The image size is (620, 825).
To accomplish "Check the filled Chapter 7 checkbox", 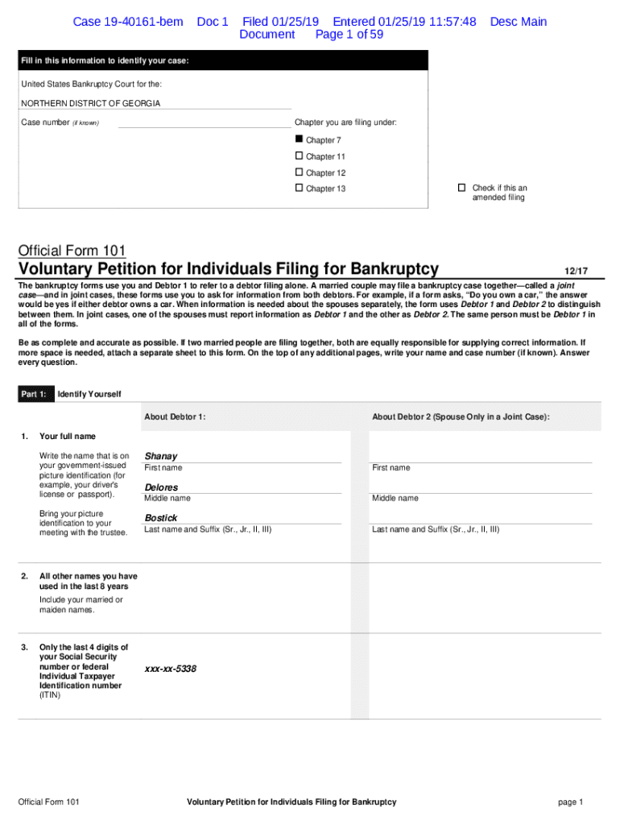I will tap(299, 139).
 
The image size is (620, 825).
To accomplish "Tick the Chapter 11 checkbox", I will tap(299, 155).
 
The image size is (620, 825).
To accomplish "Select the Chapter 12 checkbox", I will tap(299, 172).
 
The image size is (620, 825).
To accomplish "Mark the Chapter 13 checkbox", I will tap(299, 188).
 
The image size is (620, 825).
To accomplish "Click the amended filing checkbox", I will tap(461, 188).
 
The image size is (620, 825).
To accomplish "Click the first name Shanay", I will tap(160, 456).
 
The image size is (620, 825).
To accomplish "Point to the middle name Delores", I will tap(161, 487).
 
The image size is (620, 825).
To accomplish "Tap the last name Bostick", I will tap(160, 518).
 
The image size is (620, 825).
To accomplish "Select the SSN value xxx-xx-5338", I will tap(171, 669).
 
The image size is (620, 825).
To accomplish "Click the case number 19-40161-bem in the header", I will tap(128, 22).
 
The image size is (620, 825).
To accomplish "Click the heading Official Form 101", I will tap(72, 251).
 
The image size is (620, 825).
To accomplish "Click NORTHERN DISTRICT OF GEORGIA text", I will tap(90, 103).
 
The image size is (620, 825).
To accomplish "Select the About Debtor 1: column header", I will tap(175, 417).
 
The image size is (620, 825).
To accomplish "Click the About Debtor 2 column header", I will tap(461, 417).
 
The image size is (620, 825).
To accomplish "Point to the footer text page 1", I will tap(569, 802).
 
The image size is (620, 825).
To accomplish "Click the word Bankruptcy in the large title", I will tap(386, 268).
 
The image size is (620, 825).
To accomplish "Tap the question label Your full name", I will tap(68, 436).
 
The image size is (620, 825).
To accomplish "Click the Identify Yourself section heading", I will tap(89, 394).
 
